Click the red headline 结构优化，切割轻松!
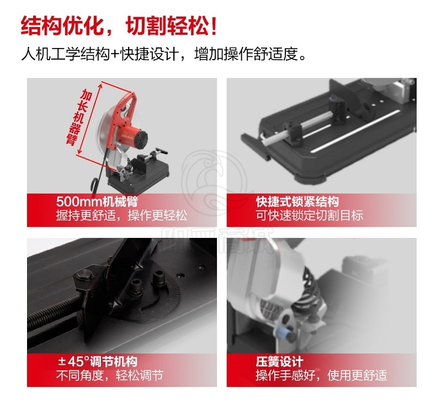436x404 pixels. click(x=119, y=26)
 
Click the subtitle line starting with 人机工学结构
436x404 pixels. click(x=164, y=54)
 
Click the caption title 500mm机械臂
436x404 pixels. click(x=97, y=201)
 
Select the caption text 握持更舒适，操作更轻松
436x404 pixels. click(x=121, y=215)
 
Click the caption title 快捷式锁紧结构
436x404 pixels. click(x=297, y=201)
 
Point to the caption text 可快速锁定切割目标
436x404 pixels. click(x=310, y=215)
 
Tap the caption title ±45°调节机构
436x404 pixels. click(x=98, y=362)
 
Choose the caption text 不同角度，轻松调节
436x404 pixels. click(x=110, y=375)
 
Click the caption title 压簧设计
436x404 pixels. click(x=279, y=362)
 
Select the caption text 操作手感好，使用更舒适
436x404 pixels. click(x=321, y=375)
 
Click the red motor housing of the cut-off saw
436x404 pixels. click(x=134, y=135)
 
